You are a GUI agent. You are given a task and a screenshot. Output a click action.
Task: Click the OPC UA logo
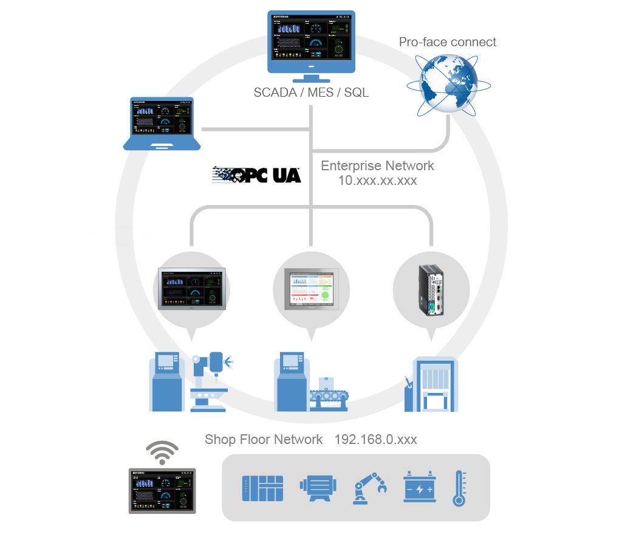click(x=256, y=175)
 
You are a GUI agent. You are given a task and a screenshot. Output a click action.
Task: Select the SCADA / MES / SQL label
click(x=311, y=93)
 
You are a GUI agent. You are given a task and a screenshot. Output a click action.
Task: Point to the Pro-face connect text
click(x=447, y=42)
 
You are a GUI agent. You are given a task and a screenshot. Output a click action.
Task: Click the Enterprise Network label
click(x=377, y=165)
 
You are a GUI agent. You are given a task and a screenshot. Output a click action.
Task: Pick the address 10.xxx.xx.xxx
click(x=377, y=181)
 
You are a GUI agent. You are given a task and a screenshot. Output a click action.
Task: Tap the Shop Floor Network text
click(x=264, y=439)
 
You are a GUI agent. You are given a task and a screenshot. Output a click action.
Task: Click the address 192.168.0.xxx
click(x=375, y=439)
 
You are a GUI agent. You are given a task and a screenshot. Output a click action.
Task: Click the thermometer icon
click(x=459, y=488)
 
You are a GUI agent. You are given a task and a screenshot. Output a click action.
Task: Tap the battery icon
click(x=420, y=487)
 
